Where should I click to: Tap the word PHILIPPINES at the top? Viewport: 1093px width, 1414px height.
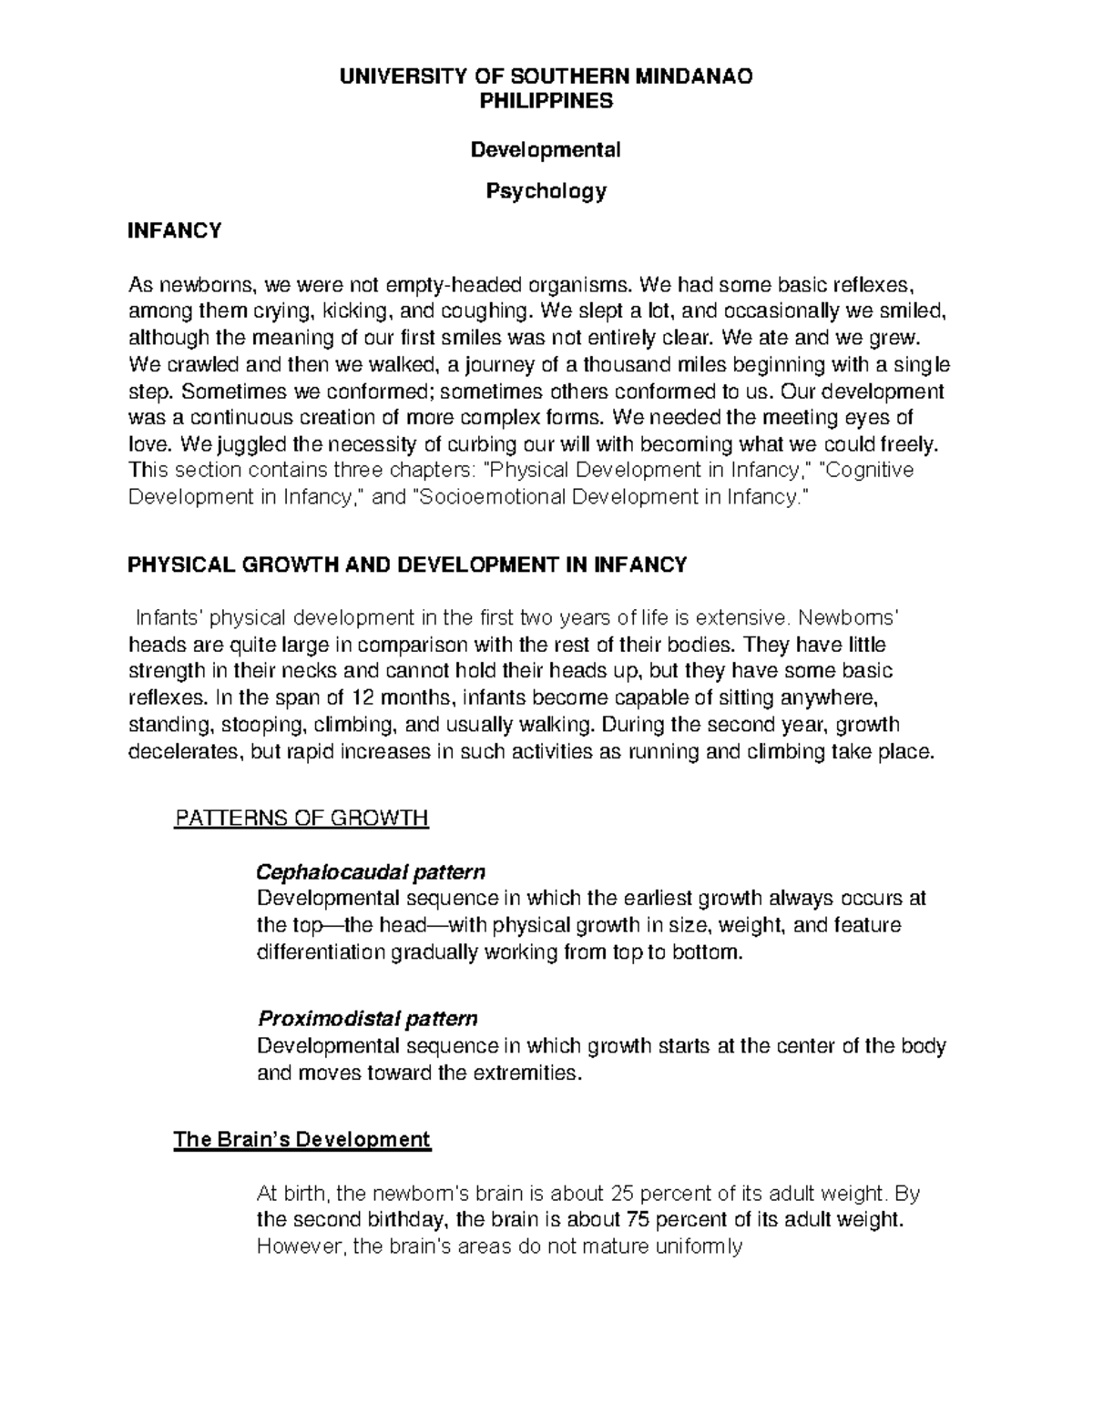[x=546, y=101]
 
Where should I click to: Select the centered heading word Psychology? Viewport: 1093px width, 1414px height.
[x=546, y=191]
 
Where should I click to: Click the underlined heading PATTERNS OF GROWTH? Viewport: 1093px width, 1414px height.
[x=301, y=818]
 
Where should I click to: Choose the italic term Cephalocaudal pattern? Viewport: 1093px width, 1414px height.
[x=371, y=872]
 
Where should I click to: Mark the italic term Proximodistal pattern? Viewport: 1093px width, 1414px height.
[x=367, y=1017]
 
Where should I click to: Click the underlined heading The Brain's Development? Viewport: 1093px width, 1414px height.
[x=301, y=1139]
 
